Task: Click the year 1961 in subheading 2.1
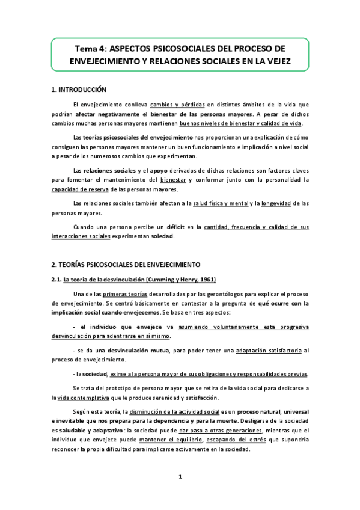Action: [x=206, y=280]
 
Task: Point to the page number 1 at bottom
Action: [x=180, y=478]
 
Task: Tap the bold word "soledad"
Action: [x=162, y=236]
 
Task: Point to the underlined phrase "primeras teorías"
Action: [x=126, y=293]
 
